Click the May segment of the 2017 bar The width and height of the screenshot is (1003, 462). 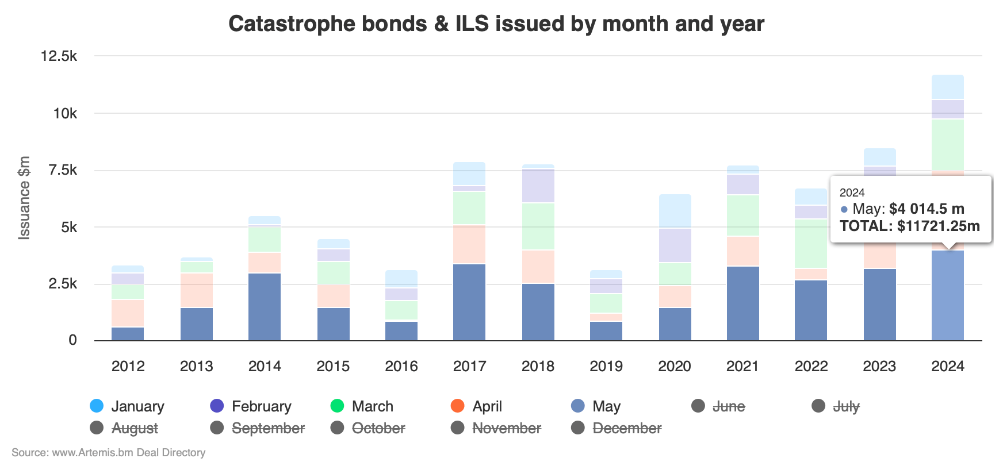tap(469, 302)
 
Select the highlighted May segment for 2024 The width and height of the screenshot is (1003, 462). tap(947, 295)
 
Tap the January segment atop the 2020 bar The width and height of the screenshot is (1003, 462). tap(675, 211)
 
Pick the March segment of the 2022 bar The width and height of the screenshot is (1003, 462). tap(810, 244)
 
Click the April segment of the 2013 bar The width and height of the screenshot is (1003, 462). tap(196, 290)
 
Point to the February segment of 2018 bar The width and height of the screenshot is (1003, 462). tap(538, 185)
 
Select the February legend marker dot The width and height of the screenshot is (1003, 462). tap(217, 406)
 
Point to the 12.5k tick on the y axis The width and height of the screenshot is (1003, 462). tap(59, 56)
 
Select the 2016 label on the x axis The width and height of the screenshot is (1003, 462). tap(401, 366)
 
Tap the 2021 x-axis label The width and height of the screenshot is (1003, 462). tap(742, 366)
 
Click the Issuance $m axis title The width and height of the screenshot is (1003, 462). tap(24, 198)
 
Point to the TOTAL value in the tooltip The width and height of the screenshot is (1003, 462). tap(910, 226)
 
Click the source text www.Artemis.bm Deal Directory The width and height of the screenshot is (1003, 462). tap(128, 453)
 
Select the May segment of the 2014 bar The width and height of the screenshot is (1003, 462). tap(265, 307)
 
